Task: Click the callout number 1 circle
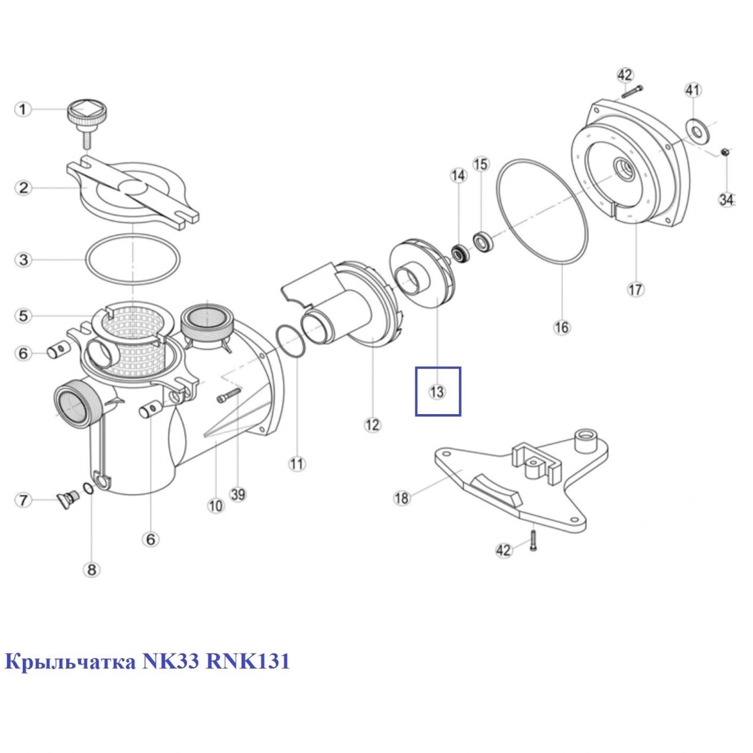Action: tap(24, 109)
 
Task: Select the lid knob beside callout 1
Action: tap(87, 115)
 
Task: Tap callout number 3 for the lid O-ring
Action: tap(24, 260)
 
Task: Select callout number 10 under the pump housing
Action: tap(215, 505)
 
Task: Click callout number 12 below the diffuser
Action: tap(373, 424)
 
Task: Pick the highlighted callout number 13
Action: tap(437, 392)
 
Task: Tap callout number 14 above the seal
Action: tap(458, 176)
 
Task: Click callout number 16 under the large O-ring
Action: tap(562, 326)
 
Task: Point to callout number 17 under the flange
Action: tap(636, 289)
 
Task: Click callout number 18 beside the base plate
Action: tap(402, 498)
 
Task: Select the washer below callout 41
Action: tap(694, 127)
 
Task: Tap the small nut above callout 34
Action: tap(724, 152)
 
